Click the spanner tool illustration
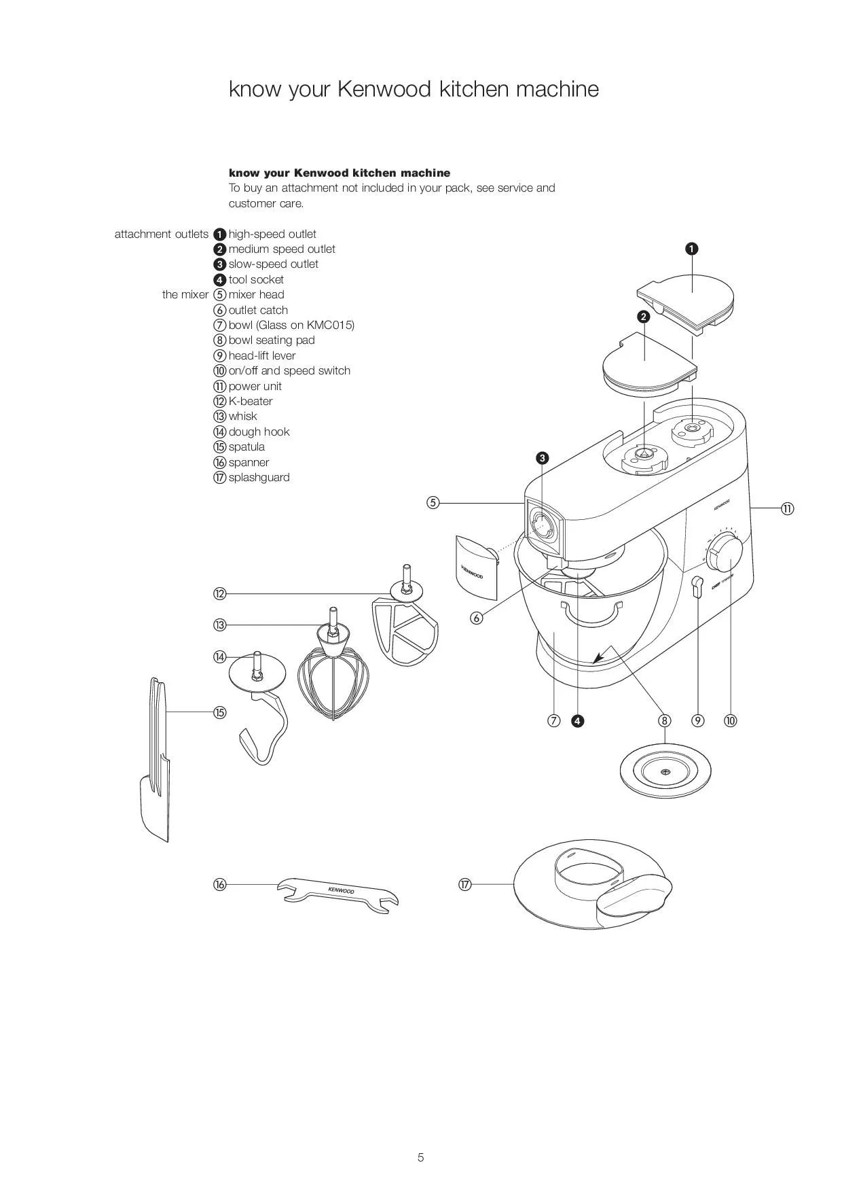pyautogui.click(x=337, y=892)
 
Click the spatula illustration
pyautogui.click(x=156, y=761)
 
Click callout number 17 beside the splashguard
pyautogui.click(x=465, y=884)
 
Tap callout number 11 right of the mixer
pyautogui.click(x=787, y=508)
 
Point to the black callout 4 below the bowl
pyautogui.click(x=577, y=720)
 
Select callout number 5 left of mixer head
pyautogui.click(x=433, y=503)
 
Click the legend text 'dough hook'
pyautogui.click(x=259, y=432)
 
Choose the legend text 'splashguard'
pyautogui.click(x=259, y=477)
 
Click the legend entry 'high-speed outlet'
pyautogui.click(x=272, y=234)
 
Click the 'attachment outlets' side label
pyautogui.click(x=162, y=234)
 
